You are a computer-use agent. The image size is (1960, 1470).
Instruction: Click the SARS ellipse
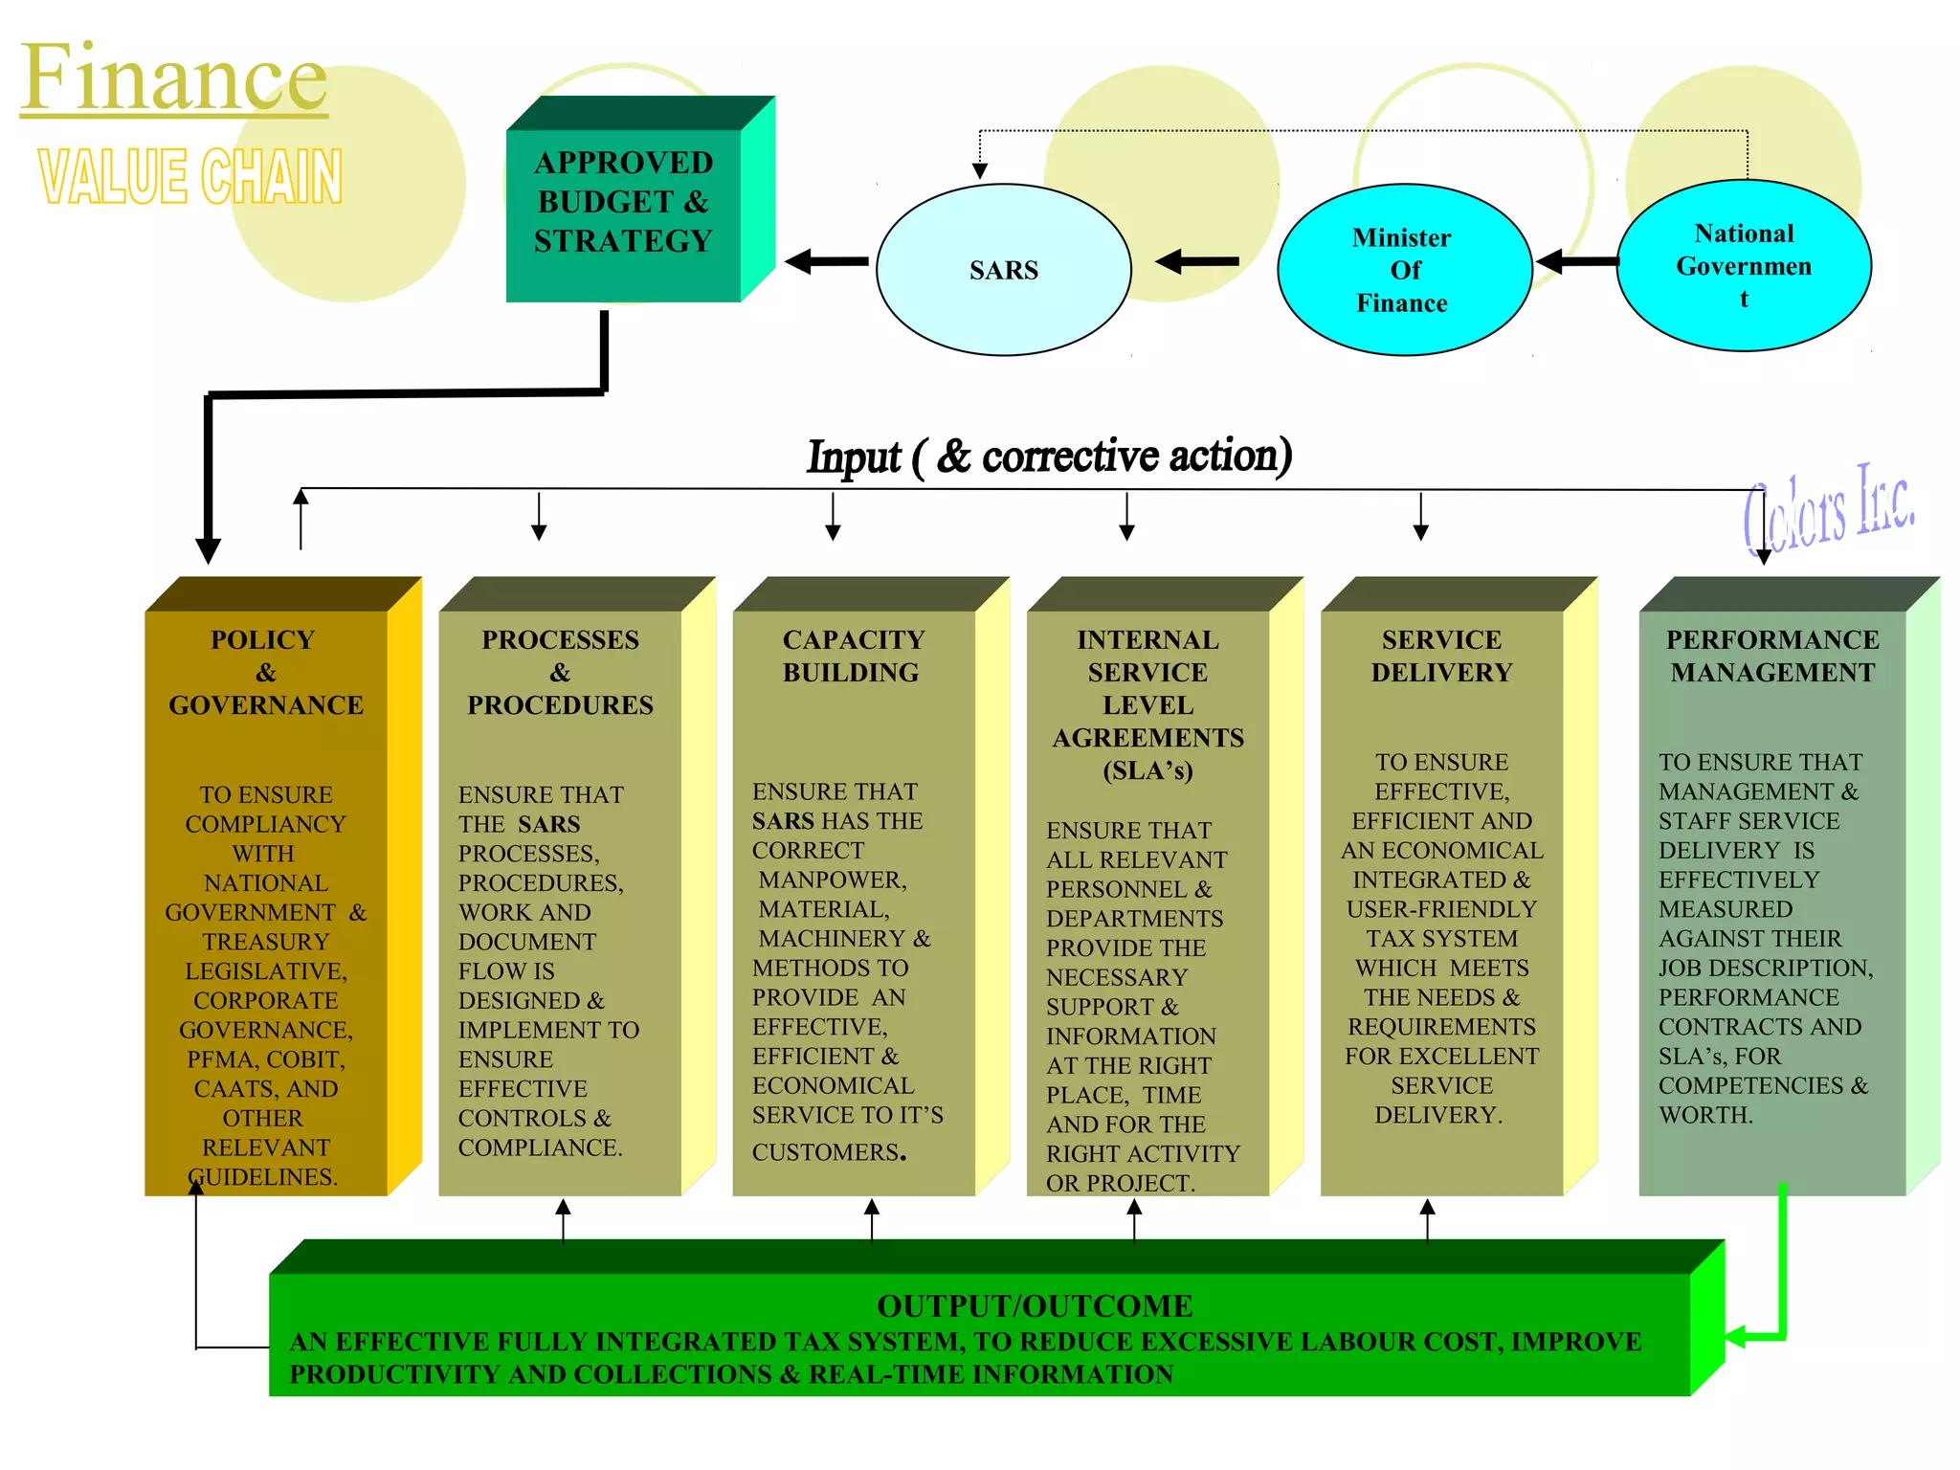click(x=1003, y=270)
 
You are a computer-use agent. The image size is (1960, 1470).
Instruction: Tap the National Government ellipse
click(x=1744, y=265)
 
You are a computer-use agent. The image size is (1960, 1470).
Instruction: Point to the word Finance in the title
click(x=174, y=78)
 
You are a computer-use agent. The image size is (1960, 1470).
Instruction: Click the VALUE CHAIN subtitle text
click(x=190, y=177)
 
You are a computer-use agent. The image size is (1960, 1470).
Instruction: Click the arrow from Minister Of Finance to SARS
click(x=1197, y=260)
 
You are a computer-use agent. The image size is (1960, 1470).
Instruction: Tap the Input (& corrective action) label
click(x=1049, y=456)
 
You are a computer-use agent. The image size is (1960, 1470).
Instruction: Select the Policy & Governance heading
click(x=266, y=672)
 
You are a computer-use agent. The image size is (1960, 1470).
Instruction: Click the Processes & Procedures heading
click(x=560, y=672)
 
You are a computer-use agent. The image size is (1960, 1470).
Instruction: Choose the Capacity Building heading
click(x=853, y=656)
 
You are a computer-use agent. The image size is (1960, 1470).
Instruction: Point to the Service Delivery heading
click(x=1441, y=656)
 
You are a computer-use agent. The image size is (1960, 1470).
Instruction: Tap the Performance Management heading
click(x=1772, y=656)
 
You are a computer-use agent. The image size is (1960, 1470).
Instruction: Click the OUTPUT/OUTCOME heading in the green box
click(x=1035, y=1305)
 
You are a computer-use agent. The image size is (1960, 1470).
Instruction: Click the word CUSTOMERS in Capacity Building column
click(x=825, y=1152)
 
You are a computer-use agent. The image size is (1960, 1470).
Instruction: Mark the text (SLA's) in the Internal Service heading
click(x=1147, y=770)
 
